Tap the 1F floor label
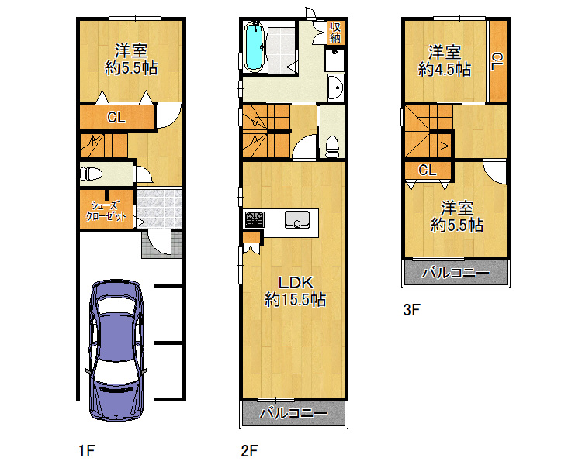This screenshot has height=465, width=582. tap(86, 449)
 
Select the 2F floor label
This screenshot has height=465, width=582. tap(248, 449)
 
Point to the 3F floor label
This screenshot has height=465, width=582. tap(411, 310)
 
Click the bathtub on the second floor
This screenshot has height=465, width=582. tap(255, 48)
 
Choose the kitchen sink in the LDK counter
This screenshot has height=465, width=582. tap(296, 220)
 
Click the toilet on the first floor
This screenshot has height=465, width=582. tap(91, 173)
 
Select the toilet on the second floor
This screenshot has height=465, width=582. tap(332, 143)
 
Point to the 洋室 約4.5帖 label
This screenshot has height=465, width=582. tap(445, 61)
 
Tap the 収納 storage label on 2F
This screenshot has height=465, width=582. tap(335, 33)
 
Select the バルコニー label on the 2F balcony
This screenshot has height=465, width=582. tap(293, 413)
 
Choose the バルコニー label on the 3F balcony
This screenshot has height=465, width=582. tap(456, 273)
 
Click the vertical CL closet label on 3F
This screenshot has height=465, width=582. tap(497, 60)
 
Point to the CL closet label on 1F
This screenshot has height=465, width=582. tap(116, 119)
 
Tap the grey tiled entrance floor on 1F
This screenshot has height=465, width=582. tap(160, 208)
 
